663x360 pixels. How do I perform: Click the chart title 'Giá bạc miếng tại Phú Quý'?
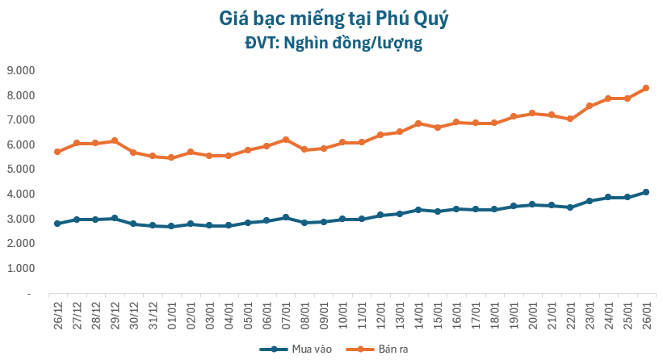(x=330, y=17)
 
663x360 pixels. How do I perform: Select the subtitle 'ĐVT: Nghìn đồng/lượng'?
(x=330, y=43)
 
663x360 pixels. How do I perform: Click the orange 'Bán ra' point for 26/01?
(x=646, y=88)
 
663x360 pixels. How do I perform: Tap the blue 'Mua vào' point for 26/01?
(x=646, y=192)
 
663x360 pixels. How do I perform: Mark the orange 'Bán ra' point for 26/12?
(x=57, y=152)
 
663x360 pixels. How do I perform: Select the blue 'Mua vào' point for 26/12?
(x=57, y=224)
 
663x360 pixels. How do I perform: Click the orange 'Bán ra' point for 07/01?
(x=285, y=140)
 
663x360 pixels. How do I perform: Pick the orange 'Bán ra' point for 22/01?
(x=570, y=119)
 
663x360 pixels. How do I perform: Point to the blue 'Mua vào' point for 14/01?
(x=418, y=210)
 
